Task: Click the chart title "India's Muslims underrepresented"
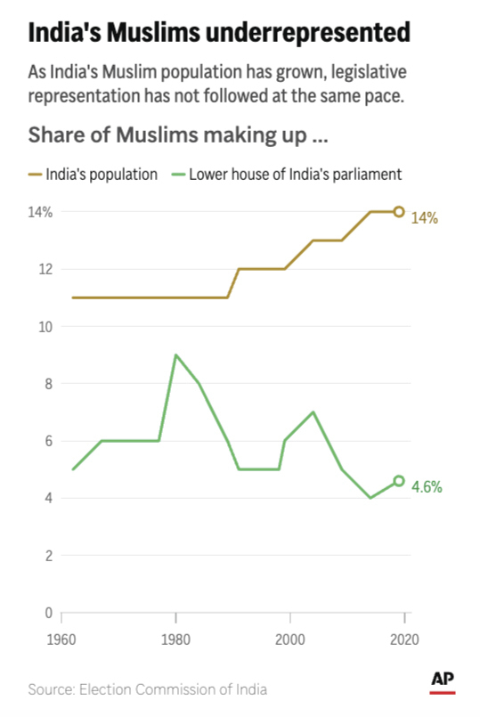coord(219,33)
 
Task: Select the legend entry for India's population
coord(93,174)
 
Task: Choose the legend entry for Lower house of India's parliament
coord(285,174)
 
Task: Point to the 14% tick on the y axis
coord(41,212)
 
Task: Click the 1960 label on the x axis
coord(61,639)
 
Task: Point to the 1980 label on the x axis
coord(175,639)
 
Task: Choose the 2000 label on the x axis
coord(290,639)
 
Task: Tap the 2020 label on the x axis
coord(404,639)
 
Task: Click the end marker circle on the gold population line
coord(399,212)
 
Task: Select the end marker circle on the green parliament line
coord(399,481)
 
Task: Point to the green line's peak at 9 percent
coord(175,355)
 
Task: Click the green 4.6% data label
coord(427,487)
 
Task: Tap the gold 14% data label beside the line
coord(424,218)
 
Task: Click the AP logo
coord(443,680)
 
